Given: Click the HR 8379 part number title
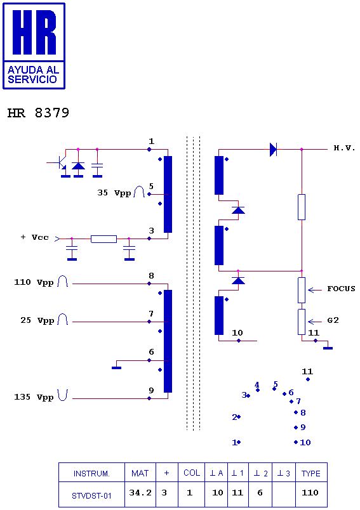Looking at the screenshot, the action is [x=38, y=113].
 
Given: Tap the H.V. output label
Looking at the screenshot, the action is [x=344, y=148].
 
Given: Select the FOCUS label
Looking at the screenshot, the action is [x=341, y=289].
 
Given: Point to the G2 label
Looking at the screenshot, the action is [x=333, y=320].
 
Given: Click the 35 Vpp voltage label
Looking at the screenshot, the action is [x=114, y=193].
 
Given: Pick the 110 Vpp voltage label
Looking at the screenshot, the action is [x=34, y=282].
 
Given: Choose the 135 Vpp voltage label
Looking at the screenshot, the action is [x=34, y=397].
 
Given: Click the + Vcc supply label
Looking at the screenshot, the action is [x=34, y=237].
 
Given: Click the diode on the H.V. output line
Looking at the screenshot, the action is [x=273, y=150].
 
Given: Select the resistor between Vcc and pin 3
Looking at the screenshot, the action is [x=104, y=239].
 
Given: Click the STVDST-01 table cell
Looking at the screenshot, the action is [x=91, y=495].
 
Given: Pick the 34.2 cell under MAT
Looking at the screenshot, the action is [x=140, y=493].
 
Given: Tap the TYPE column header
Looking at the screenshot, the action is [x=311, y=474].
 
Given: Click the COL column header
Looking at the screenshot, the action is [x=192, y=473].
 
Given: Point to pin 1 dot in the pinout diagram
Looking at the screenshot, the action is [x=239, y=442].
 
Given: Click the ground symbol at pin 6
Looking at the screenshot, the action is [x=117, y=368].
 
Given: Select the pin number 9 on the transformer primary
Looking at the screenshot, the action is [x=151, y=390].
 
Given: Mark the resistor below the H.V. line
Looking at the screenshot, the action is [x=302, y=207].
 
